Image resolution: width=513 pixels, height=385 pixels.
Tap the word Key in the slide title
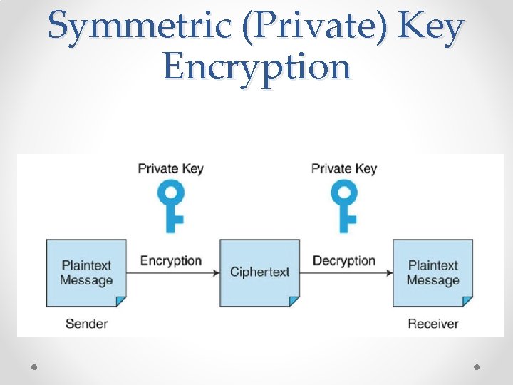432,27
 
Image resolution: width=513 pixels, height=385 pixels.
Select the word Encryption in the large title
256,67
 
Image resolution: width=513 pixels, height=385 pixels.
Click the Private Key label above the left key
170,169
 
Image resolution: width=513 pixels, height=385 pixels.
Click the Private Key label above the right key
344,169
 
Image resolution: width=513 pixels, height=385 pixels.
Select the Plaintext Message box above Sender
86,273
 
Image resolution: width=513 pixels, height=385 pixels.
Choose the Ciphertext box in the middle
259,273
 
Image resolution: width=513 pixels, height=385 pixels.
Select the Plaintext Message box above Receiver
433,273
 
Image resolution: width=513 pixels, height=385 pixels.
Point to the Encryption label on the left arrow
171,260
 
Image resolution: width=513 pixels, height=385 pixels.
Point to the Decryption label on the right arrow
344,260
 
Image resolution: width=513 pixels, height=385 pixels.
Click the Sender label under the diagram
86,324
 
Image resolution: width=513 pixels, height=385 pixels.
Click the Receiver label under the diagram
433,324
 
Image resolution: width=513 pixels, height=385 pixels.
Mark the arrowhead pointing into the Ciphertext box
216,273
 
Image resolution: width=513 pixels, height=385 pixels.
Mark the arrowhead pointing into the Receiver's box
390,273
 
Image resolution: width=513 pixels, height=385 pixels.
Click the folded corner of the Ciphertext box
294,302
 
